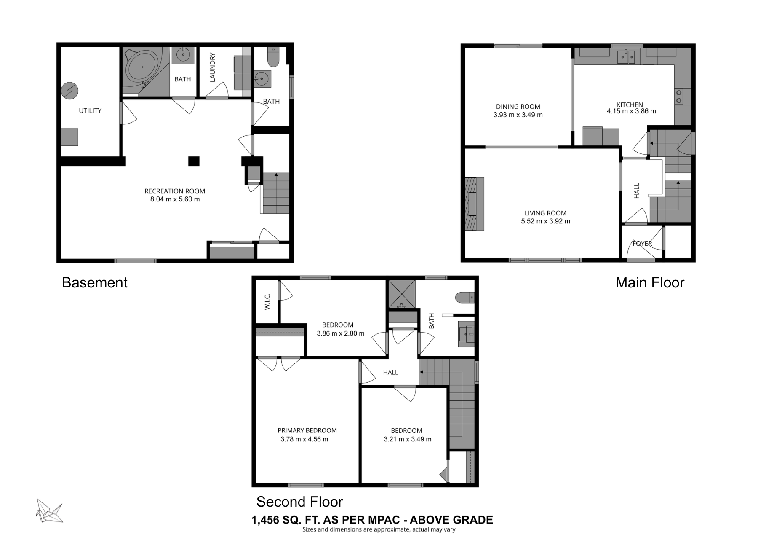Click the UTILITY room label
90,110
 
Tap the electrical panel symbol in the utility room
69,90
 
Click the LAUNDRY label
212,67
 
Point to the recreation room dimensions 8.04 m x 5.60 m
175,199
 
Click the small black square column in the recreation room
193,161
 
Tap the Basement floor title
94,282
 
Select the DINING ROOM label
518,107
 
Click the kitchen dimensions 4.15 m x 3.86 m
631,112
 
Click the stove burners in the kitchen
678,97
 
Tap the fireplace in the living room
475,204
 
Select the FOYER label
642,244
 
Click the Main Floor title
649,282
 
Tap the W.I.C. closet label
267,302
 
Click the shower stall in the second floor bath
402,294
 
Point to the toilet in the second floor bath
465,298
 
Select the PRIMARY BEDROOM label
307,430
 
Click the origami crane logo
49,511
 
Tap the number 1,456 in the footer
265,520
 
